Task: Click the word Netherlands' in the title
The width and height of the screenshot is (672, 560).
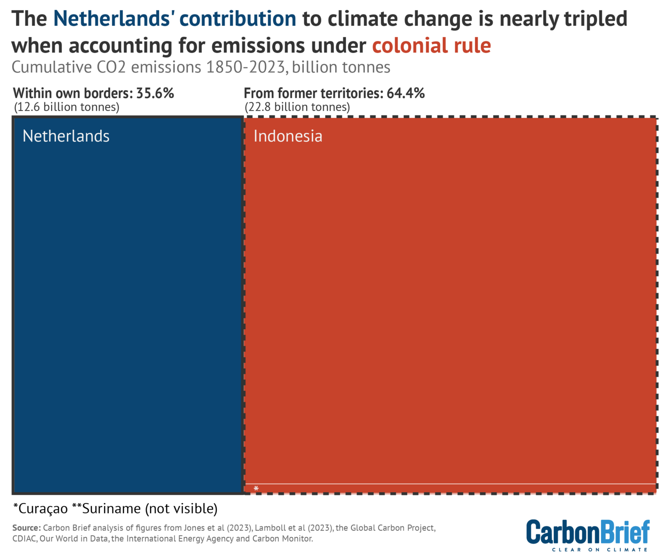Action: (x=116, y=19)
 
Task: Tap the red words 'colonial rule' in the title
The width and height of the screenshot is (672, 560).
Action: (x=431, y=45)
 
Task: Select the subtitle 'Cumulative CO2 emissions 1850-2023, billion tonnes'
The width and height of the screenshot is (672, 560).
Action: (x=201, y=67)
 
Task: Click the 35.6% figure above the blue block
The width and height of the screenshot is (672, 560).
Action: (x=155, y=93)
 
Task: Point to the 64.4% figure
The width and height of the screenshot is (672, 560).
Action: (x=406, y=93)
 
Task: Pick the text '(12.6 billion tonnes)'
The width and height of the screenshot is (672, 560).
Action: (x=66, y=107)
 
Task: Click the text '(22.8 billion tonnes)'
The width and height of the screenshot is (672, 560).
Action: (x=297, y=107)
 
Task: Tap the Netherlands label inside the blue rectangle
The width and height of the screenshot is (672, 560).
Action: (x=66, y=136)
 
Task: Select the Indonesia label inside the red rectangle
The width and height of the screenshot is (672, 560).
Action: (x=288, y=136)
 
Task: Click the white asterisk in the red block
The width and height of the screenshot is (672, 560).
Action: (x=256, y=488)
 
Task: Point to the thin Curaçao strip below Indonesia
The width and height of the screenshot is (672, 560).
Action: (x=451, y=488)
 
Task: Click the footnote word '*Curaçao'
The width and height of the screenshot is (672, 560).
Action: (x=41, y=509)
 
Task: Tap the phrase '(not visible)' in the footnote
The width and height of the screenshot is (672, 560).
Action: (x=181, y=509)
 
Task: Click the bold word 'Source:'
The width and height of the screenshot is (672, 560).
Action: (x=27, y=528)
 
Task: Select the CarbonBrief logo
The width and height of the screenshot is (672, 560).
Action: (x=588, y=532)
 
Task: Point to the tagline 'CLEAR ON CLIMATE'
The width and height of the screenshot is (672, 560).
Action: (x=599, y=550)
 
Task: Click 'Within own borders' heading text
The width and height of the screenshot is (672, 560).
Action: (x=73, y=93)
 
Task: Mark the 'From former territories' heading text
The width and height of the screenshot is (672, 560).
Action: (x=313, y=93)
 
